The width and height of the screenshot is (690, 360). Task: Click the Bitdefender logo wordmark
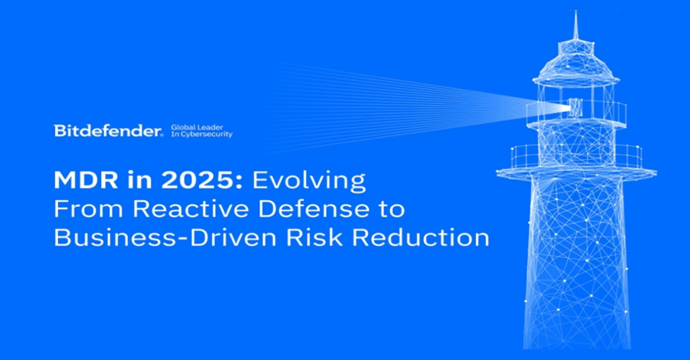tap(108, 131)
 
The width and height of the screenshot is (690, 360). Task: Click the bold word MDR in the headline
tap(86, 181)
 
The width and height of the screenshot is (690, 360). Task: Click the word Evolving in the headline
tap(309, 181)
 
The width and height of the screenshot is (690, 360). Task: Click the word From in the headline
tap(90, 209)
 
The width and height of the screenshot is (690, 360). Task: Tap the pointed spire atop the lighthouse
tap(575, 26)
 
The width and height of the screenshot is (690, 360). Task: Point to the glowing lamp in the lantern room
tap(575, 108)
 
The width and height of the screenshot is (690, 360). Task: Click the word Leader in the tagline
tap(210, 127)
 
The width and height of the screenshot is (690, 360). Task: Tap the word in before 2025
tap(139, 181)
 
